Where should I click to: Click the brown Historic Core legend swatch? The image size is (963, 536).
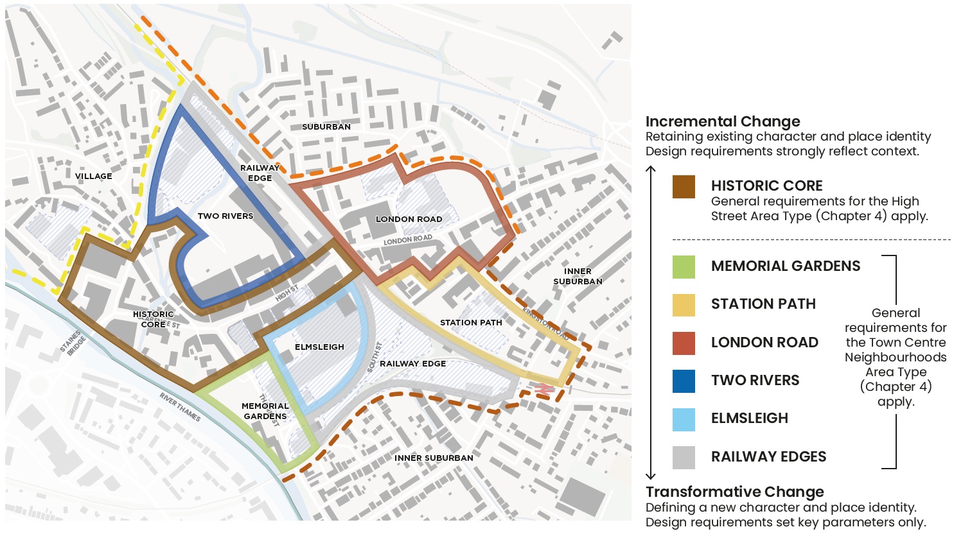tap(684, 187)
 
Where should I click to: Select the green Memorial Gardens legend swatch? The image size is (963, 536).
tap(684, 266)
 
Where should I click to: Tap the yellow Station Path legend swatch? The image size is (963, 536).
tap(684, 304)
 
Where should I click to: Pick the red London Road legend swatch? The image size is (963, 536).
tap(684, 343)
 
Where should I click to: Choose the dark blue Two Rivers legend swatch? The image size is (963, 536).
tap(684, 381)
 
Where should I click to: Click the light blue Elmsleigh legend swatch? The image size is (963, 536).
tap(684, 419)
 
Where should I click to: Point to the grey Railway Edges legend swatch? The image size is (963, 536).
tap(684, 457)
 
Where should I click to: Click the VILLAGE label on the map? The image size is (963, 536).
tap(93, 176)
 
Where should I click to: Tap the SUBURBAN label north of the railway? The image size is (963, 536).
tap(326, 126)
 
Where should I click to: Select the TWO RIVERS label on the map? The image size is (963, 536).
tap(225, 216)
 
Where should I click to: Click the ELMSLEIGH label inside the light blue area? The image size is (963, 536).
tap(319, 347)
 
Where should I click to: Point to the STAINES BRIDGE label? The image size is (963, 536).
tap(73, 343)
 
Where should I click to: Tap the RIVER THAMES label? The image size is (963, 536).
tap(180, 407)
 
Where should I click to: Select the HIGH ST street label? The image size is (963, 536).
tap(287, 293)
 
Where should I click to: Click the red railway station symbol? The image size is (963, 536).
tap(543, 388)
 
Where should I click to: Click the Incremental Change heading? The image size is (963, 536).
tap(723, 121)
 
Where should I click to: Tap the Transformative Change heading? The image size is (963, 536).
tap(734, 492)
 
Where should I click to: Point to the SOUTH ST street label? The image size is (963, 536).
tap(375, 358)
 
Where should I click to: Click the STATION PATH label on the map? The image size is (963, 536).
tap(471, 322)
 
